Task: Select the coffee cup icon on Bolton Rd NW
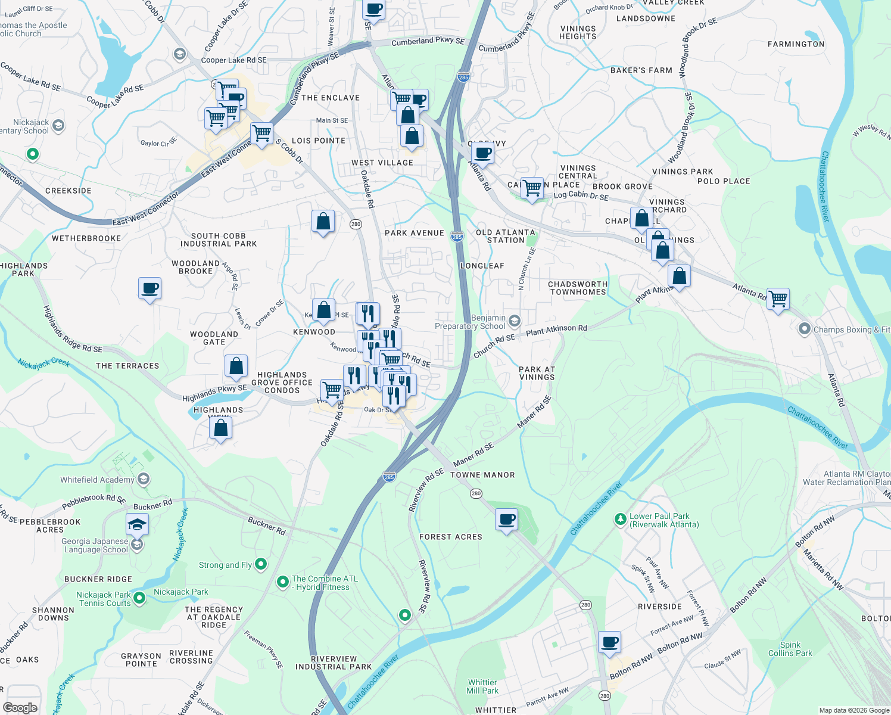pyautogui.click(x=609, y=643)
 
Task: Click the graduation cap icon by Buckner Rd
pyautogui.click(x=137, y=525)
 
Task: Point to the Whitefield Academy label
pyautogui.click(x=97, y=480)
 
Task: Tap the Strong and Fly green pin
pyautogui.click(x=261, y=564)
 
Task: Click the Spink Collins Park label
pyautogui.click(x=790, y=649)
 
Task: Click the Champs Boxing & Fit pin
pyautogui.click(x=805, y=329)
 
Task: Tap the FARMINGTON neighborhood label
pyautogui.click(x=796, y=44)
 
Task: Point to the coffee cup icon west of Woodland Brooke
pyautogui.click(x=149, y=288)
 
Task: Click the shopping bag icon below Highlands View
pyautogui.click(x=220, y=428)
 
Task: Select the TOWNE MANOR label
pyautogui.click(x=482, y=475)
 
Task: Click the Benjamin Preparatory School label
pyautogui.click(x=470, y=322)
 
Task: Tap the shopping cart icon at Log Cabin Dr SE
pyautogui.click(x=532, y=188)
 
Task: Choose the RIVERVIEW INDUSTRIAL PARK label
pyautogui.click(x=334, y=663)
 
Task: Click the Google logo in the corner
pyautogui.click(x=20, y=707)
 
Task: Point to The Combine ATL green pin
pyautogui.click(x=283, y=582)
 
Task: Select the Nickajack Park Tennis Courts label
pyautogui.click(x=104, y=599)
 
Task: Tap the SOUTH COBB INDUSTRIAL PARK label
pyautogui.click(x=219, y=240)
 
